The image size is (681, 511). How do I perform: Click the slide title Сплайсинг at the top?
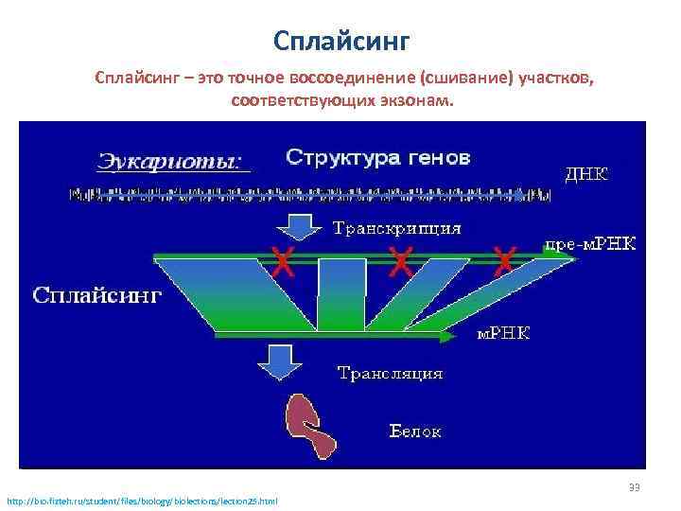(340, 41)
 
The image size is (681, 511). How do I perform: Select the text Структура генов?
(377, 156)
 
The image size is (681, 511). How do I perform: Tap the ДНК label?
(586, 174)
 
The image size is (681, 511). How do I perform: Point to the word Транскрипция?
(397, 228)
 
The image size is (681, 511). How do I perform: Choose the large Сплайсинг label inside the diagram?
(97, 294)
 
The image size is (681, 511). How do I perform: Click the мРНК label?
(501, 332)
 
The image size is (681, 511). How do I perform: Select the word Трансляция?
(391, 373)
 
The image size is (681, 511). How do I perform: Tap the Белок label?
(416, 432)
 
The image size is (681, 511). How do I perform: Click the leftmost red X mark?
(281, 258)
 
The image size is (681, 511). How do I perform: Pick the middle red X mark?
(402, 258)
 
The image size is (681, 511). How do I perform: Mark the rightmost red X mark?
(505, 258)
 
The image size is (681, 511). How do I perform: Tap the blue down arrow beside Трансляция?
(278, 361)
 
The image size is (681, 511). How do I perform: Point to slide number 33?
(634, 487)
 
